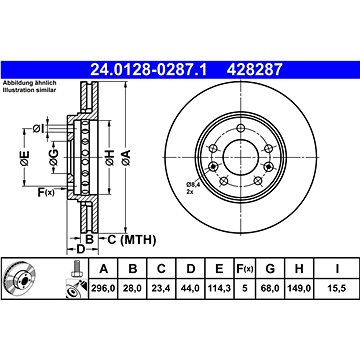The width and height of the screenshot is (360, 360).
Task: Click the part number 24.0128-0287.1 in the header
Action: pos(149,70)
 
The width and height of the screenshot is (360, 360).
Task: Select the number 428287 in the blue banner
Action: pos(255,70)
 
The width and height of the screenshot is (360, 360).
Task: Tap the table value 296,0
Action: pos(103,288)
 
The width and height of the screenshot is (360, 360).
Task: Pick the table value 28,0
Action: pos(133,288)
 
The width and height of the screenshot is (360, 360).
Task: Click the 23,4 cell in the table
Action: pos(161,288)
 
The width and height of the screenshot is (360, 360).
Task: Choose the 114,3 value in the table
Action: pos(219,288)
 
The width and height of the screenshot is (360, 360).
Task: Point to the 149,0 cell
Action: pos(299,288)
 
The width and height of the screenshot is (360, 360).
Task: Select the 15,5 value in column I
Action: pos(337,288)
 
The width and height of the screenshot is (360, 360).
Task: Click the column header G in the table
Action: pos(270,269)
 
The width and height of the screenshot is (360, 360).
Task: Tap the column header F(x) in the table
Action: pos(245,269)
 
